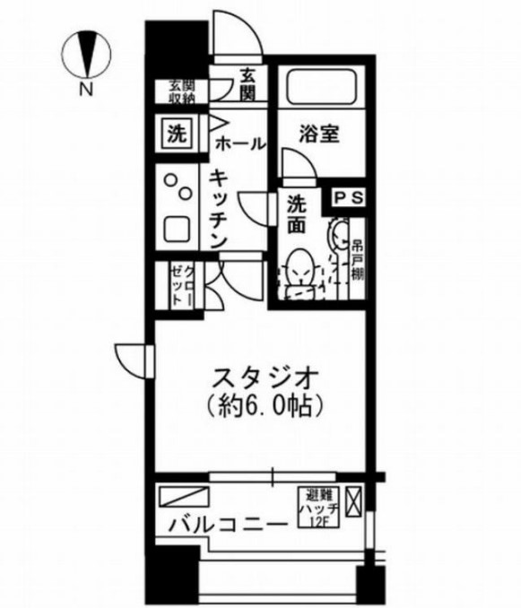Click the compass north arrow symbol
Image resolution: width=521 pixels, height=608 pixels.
[x=89, y=53]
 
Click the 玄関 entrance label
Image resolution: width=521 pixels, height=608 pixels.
[x=249, y=83]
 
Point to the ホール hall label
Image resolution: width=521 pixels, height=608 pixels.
[x=239, y=143]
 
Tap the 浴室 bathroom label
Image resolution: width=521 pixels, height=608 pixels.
[x=318, y=135]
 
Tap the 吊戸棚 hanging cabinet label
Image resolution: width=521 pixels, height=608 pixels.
[x=356, y=258]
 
